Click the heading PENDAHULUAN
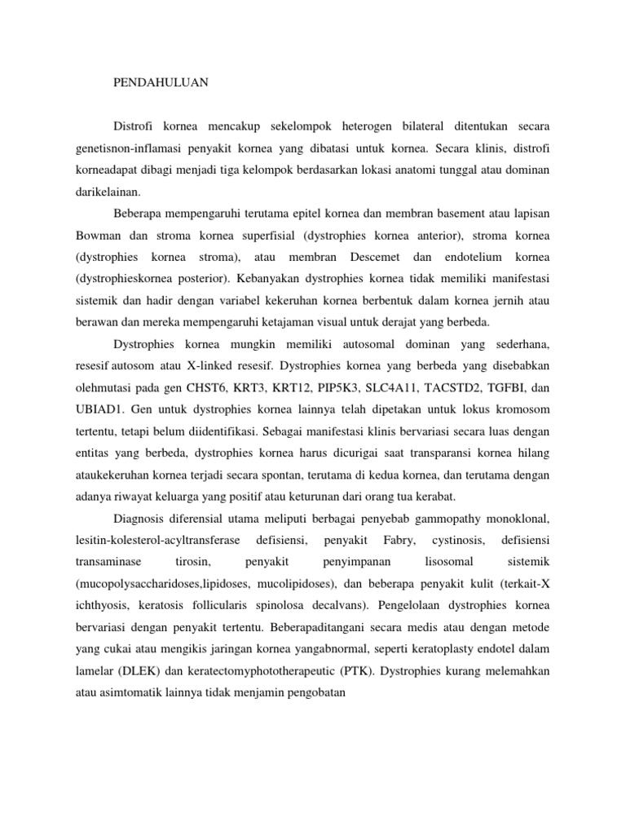160,82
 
